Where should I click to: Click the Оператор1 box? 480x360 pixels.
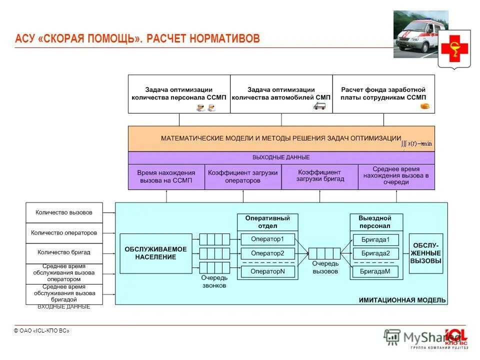pyautogui.click(x=267, y=239)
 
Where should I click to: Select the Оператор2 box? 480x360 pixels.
pyautogui.click(x=267, y=253)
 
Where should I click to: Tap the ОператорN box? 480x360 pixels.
pyautogui.click(x=267, y=271)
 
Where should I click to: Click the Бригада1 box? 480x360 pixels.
pyautogui.click(x=375, y=239)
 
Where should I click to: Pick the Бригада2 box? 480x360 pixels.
pyautogui.click(x=375, y=253)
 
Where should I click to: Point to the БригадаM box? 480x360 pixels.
pyautogui.click(x=375, y=271)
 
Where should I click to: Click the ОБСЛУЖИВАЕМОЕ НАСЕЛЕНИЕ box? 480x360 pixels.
pyautogui.click(x=155, y=253)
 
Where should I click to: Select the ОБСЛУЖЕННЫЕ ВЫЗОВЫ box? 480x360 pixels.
pyautogui.click(x=426, y=253)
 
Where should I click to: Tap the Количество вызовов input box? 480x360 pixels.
pyautogui.click(x=64, y=212)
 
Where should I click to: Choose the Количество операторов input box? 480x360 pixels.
pyautogui.click(x=64, y=233)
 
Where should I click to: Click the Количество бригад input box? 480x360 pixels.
pyautogui.click(x=64, y=253)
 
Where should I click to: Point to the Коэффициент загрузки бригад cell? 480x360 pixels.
pyautogui.click(x=320, y=176)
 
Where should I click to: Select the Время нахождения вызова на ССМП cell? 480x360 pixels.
pyautogui.click(x=166, y=176)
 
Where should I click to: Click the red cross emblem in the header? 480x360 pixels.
pyautogui.click(x=454, y=48)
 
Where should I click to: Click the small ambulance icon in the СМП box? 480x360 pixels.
pyautogui.click(x=319, y=106)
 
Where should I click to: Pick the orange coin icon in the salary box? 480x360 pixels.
pyautogui.click(x=425, y=106)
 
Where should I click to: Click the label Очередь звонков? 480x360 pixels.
pyautogui.click(x=214, y=281)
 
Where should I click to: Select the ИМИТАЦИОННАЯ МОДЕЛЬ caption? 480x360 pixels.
pyautogui.click(x=402, y=300)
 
